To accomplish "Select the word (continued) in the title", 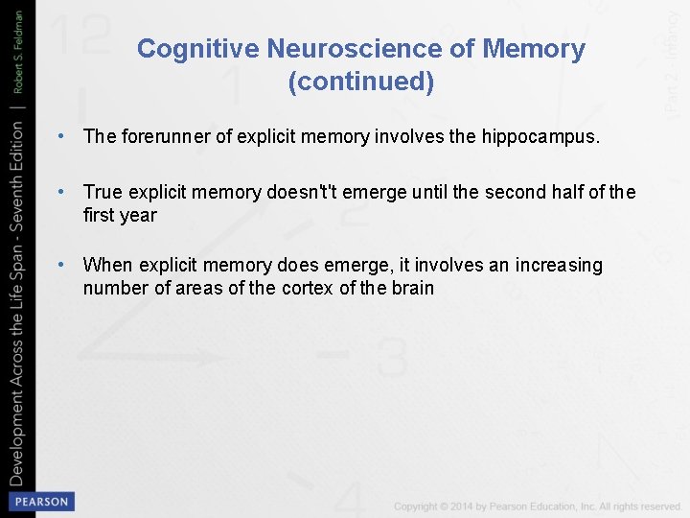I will [361, 82].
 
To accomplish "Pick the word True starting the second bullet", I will [103, 192].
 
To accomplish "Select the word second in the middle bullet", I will [517, 192].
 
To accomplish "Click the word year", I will [138, 215].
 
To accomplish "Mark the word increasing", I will [559, 265].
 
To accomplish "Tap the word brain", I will [411, 288].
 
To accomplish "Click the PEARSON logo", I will [40, 501].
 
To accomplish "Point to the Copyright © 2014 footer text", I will [537, 506].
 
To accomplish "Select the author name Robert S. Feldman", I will [17, 55].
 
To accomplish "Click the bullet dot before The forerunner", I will [61, 136].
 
